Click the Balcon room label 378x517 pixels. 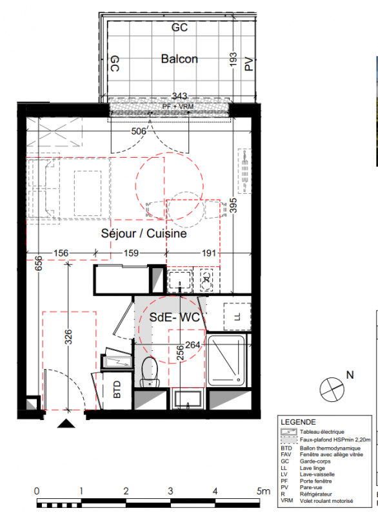coord(179,59)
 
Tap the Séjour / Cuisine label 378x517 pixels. coord(144,233)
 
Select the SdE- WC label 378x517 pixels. coord(174,317)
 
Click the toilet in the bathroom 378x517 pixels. coord(150,372)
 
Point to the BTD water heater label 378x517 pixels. coord(117,389)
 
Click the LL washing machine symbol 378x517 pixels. coord(237,317)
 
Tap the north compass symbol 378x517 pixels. coord(332,390)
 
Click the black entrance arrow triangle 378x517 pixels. coord(66,423)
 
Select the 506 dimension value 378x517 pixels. coord(139,131)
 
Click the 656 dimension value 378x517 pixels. coord(39,263)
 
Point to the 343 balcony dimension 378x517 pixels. coord(179,96)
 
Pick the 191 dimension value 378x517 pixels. coord(209,253)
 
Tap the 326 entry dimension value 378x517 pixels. coord(68,337)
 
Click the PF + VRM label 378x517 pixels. coord(178,107)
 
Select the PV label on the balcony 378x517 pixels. coord(249,64)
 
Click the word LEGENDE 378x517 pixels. coord(298,422)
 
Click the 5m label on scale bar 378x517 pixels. coord(263,491)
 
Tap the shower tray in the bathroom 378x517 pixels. coord(226,360)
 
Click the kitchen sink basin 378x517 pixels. coord(179,280)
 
